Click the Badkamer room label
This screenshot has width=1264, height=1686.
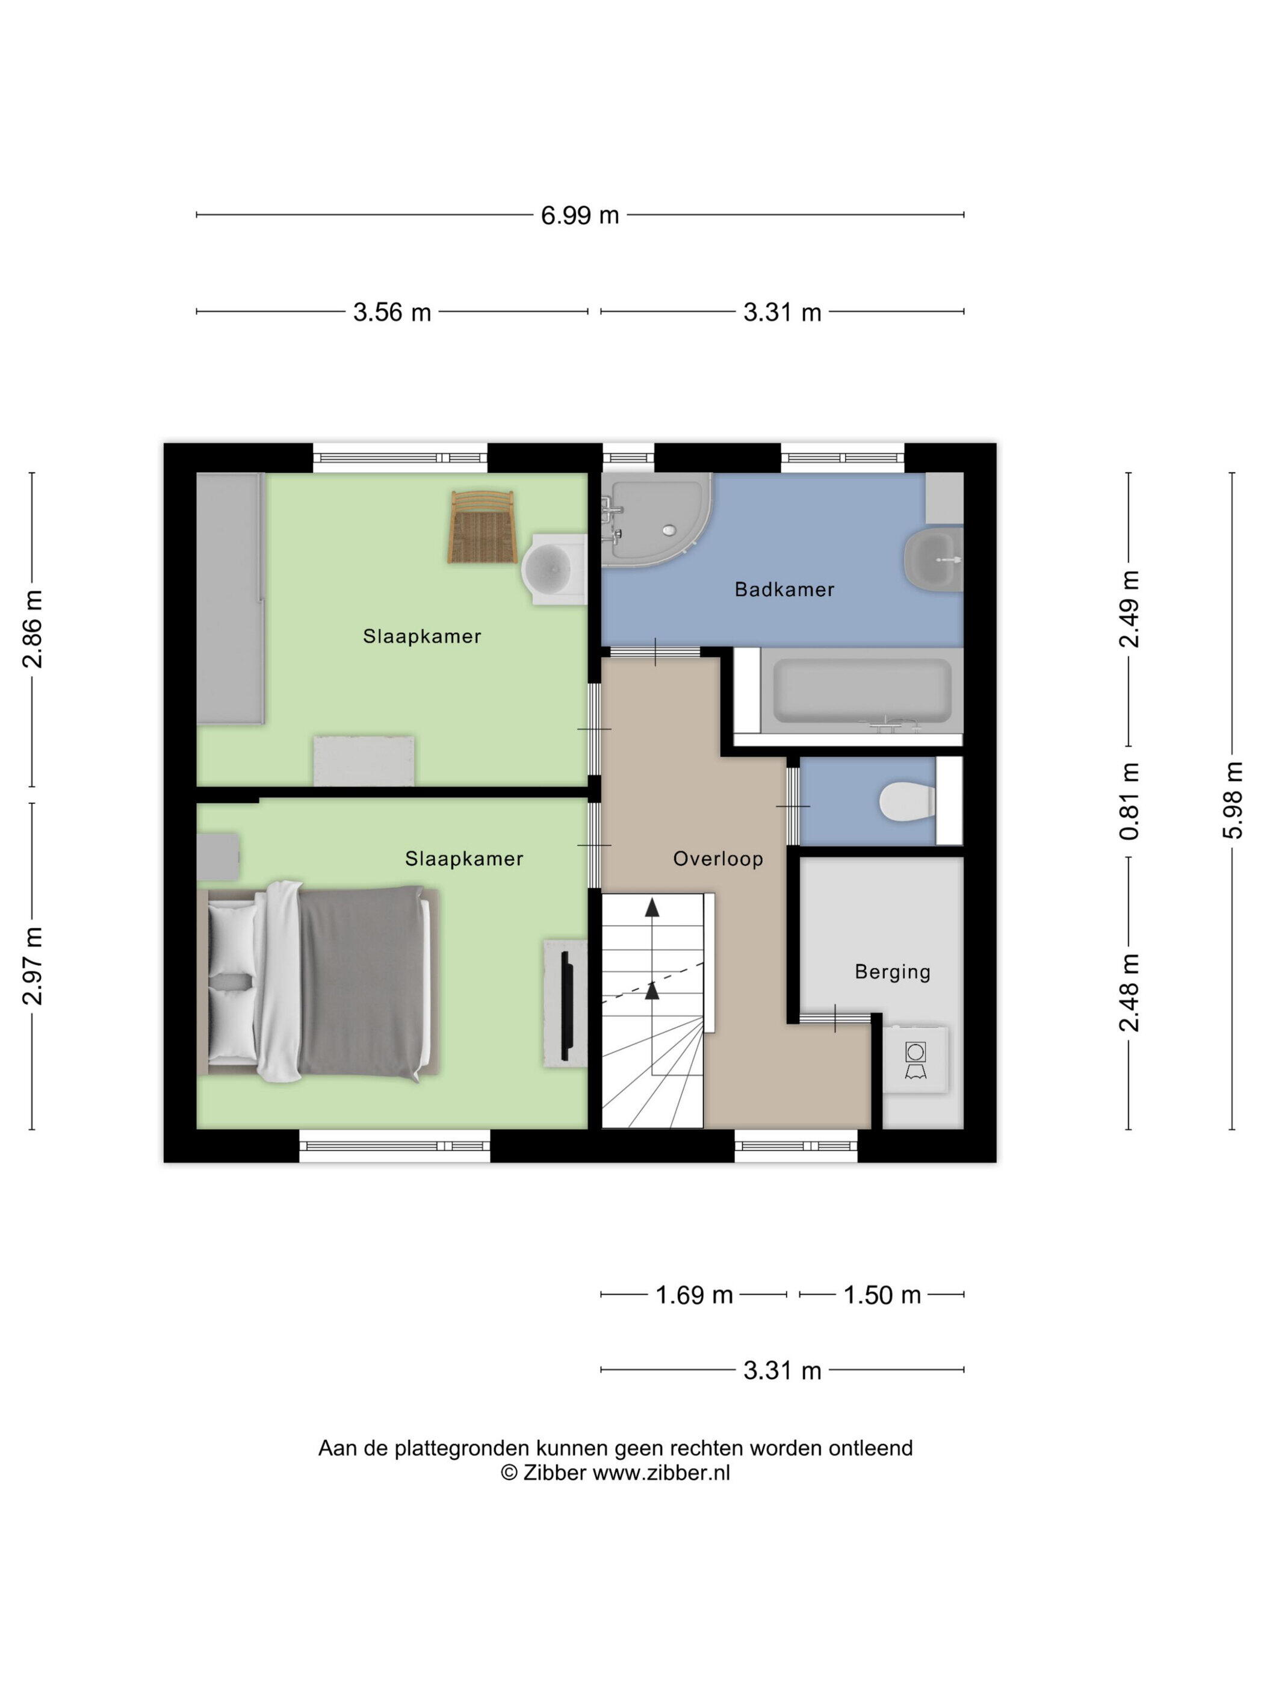pos(784,589)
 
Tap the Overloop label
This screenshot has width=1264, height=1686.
pos(717,859)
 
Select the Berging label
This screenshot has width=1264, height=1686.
pos(892,972)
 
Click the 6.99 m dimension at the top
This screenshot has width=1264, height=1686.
pos(580,216)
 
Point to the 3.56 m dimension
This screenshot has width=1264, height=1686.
pos(392,313)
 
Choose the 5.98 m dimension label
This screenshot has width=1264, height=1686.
pos(1233,800)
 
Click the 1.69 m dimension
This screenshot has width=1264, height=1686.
pos(694,1295)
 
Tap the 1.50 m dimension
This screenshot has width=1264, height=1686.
pos(882,1295)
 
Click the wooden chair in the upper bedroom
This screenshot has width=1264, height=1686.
pos(482,527)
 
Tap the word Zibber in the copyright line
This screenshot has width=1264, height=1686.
pos(555,1473)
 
